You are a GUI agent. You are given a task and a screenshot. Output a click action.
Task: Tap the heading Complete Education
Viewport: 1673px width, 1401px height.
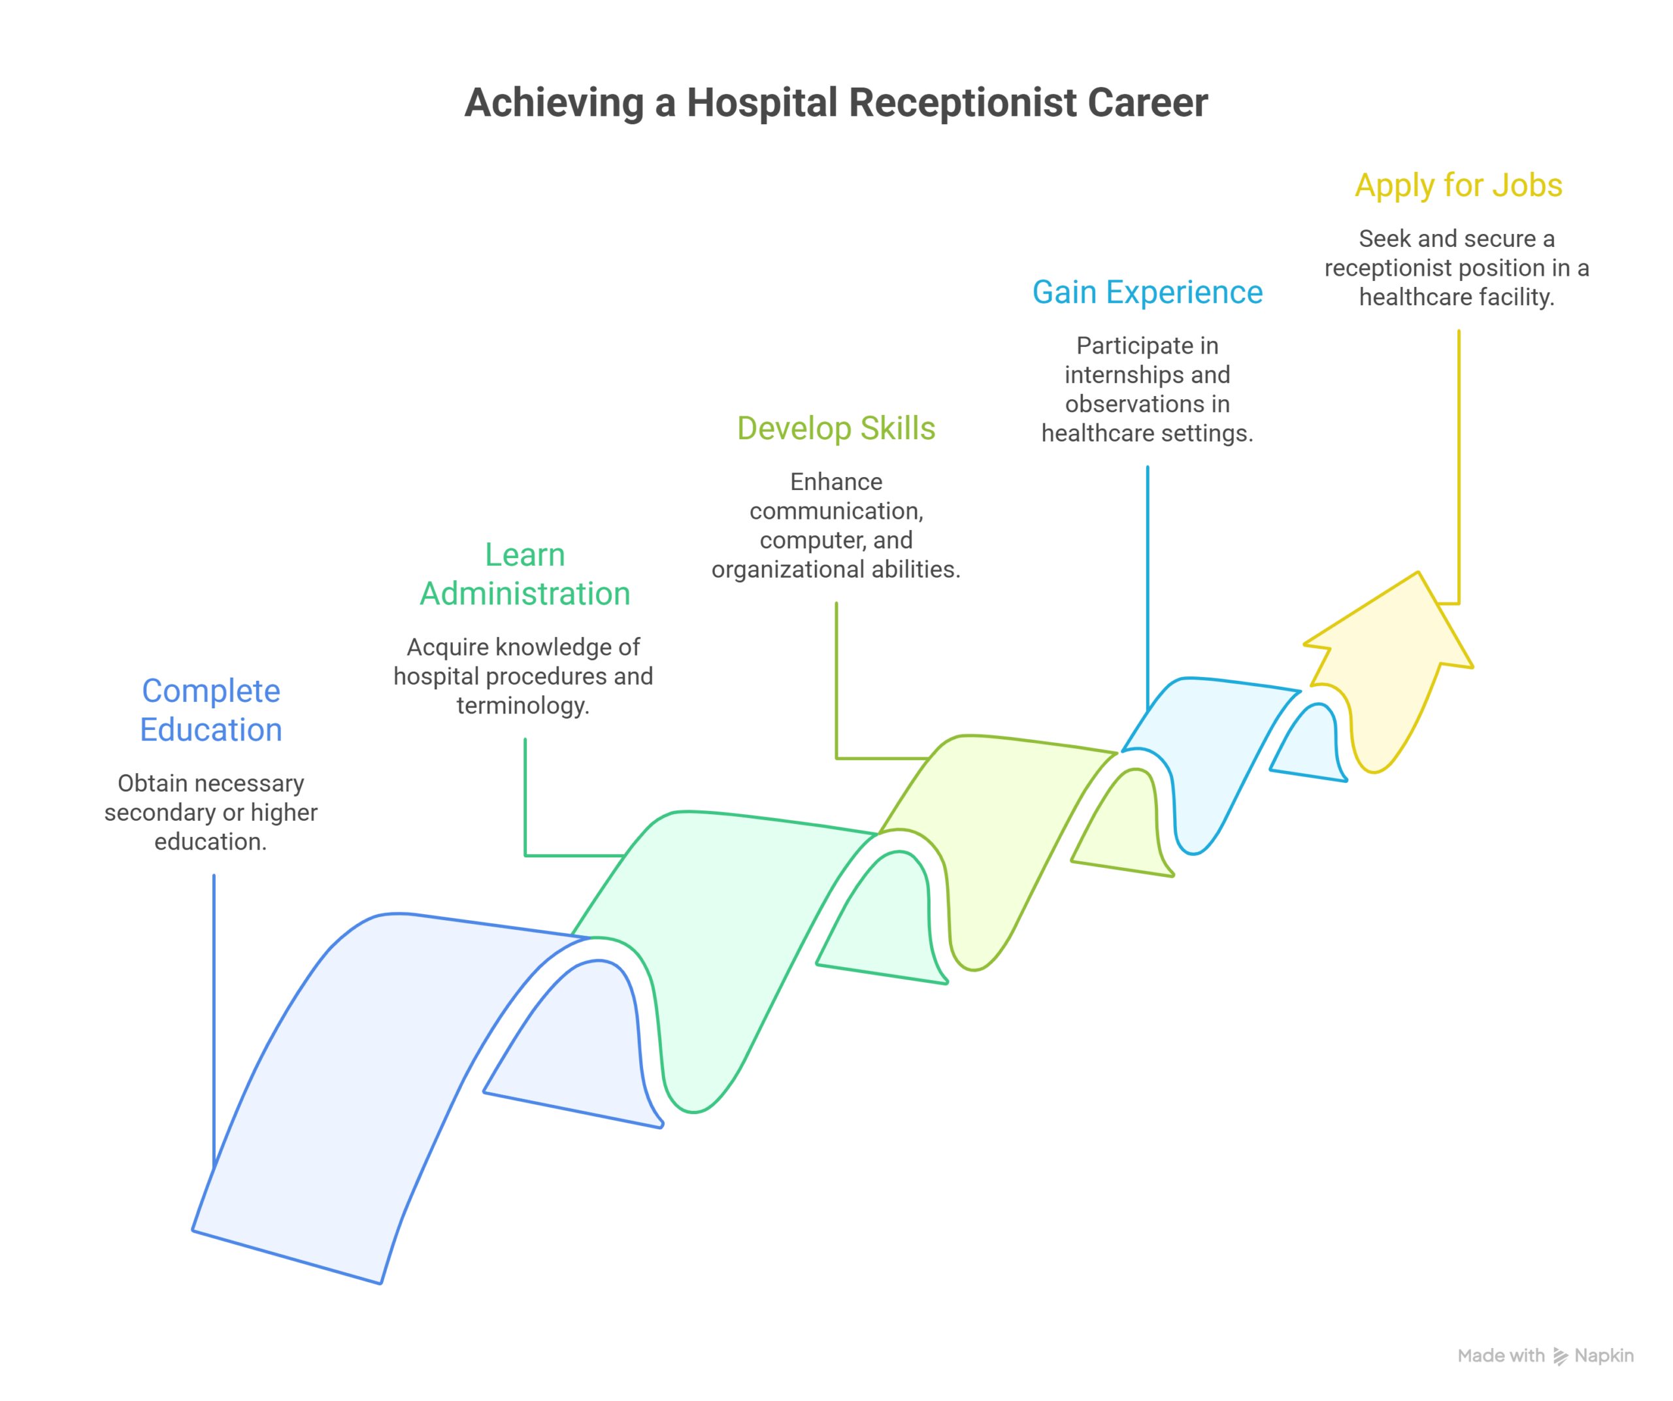tap(211, 710)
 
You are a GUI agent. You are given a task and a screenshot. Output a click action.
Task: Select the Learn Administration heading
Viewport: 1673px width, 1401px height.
tap(525, 574)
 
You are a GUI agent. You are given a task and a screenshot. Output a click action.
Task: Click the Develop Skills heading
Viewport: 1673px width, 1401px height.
tap(836, 429)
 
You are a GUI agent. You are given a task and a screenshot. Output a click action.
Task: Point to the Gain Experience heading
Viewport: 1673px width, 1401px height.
tap(1147, 292)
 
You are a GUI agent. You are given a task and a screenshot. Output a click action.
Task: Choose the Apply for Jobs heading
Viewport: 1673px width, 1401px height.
tap(1458, 186)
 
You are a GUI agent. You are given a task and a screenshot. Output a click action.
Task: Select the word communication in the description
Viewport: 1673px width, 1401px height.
tap(836, 512)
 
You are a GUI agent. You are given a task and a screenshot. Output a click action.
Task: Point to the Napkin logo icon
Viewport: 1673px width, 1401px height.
tap(1560, 1357)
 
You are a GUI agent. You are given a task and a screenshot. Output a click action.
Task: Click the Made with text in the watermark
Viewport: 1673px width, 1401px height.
tap(1500, 1356)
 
